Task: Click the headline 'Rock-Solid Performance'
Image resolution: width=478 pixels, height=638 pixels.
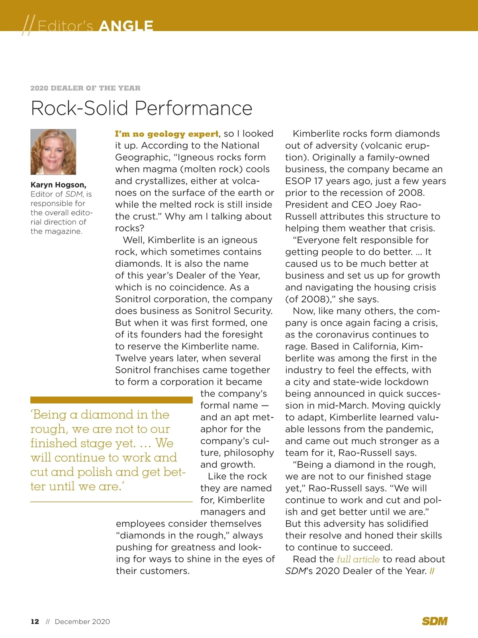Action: point(141,108)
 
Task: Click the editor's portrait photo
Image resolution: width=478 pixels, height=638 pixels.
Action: point(53,152)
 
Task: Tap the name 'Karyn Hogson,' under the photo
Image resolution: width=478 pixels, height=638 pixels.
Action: point(58,185)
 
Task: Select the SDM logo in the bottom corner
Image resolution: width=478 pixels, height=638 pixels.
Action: point(435,621)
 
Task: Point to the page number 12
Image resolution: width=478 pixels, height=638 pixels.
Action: point(35,622)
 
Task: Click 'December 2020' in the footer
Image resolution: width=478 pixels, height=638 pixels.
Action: point(82,622)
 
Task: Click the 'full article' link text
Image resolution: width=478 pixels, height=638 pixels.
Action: point(358,559)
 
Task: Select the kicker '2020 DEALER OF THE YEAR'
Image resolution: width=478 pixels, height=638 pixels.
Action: point(85,88)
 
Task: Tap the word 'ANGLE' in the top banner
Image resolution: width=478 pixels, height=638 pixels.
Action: point(125,26)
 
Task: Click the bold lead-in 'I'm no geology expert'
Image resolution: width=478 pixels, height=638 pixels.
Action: point(167,134)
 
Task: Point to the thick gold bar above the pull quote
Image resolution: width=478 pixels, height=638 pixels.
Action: point(111,400)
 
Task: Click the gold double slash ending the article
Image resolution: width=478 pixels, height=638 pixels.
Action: point(432,571)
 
